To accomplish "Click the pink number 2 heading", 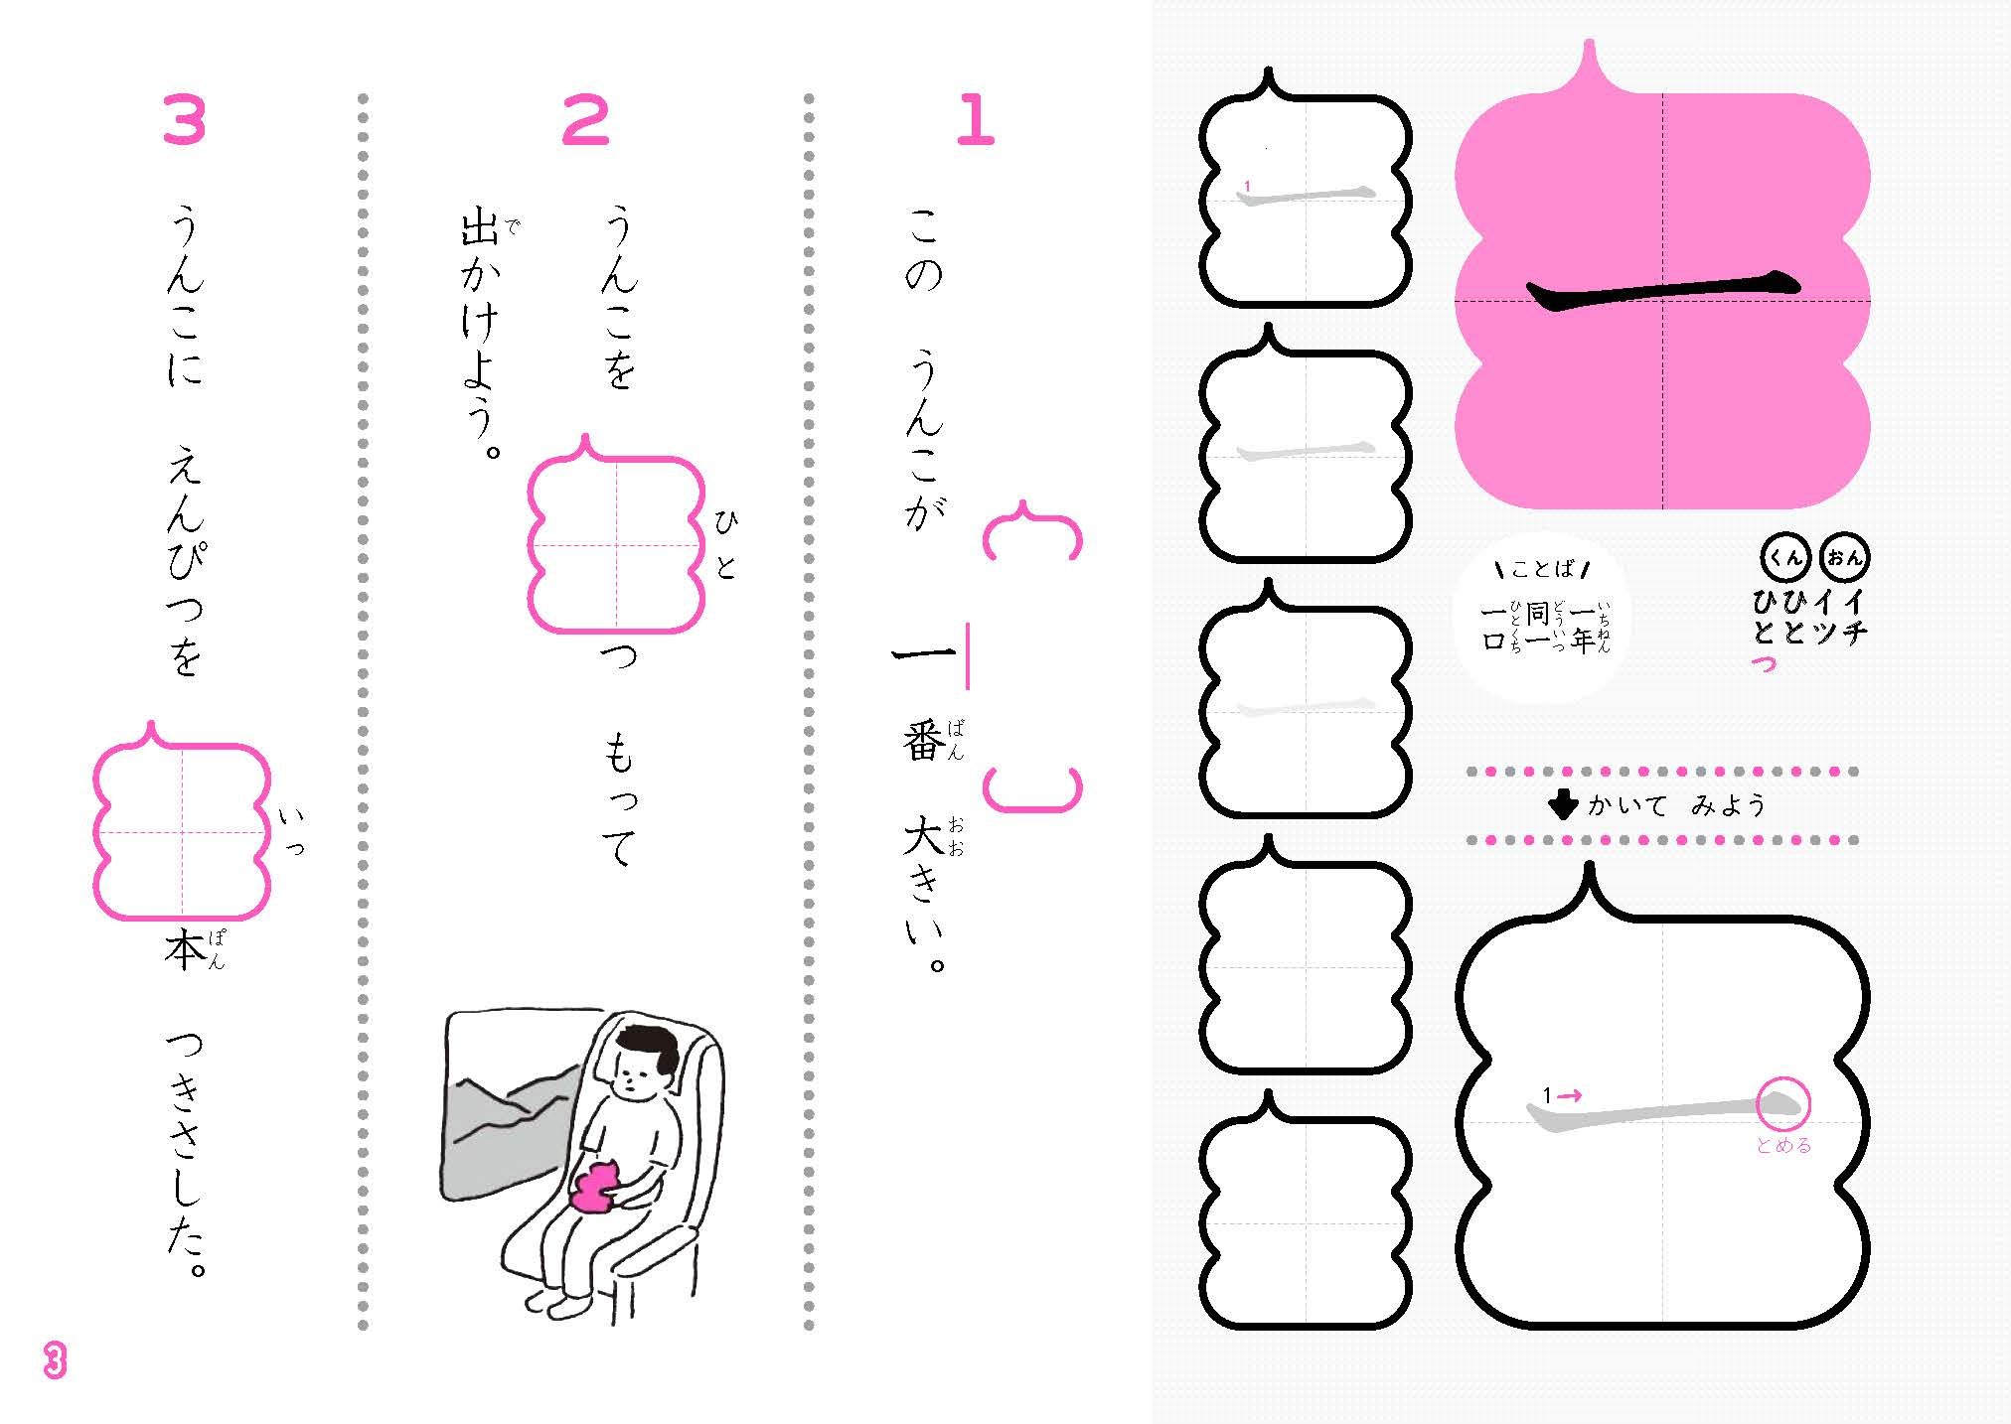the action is click(585, 121).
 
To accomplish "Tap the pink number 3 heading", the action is click(184, 121).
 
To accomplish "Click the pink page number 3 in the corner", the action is click(55, 1360).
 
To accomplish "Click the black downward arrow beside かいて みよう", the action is click(1564, 805).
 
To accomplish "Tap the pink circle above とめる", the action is click(1783, 1103).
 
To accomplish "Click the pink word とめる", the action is click(1783, 1146).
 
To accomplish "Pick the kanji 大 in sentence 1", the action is click(923, 837).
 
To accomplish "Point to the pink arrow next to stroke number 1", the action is click(1570, 1096).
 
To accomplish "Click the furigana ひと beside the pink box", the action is click(725, 546).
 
